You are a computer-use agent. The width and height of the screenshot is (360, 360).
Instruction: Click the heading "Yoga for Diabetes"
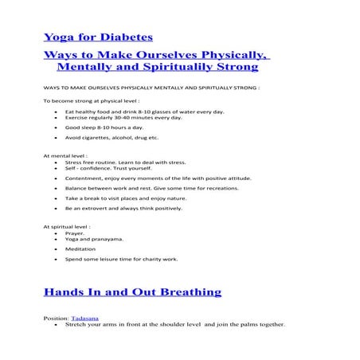[x=98, y=37]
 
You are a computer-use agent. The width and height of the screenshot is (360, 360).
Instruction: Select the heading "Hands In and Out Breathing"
[x=132, y=292]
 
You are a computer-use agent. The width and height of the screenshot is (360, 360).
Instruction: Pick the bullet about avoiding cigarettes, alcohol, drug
[x=112, y=138]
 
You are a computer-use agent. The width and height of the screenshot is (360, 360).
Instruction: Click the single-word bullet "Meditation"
[x=80, y=248]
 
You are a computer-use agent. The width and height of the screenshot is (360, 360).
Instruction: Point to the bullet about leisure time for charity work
[x=121, y=259]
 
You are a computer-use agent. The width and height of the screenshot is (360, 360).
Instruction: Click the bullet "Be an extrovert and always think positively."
[x=123, y=208]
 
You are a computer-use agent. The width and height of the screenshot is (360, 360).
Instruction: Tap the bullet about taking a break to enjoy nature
[x=120, y=198]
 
